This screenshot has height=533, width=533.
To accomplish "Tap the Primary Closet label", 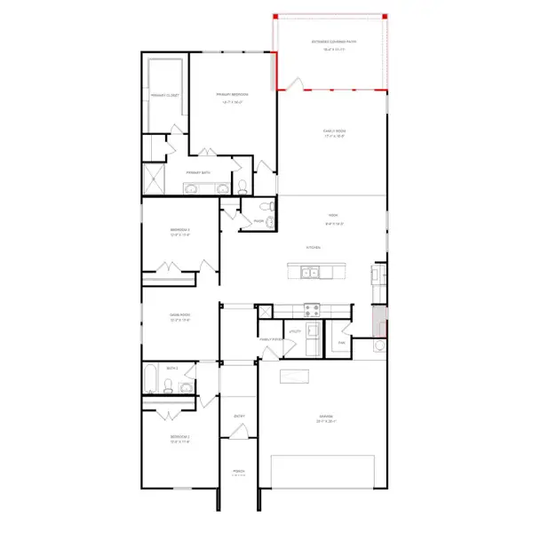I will [166, 94].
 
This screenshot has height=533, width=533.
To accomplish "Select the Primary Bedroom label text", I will [232, 94].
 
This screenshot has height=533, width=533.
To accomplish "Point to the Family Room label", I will [334, 131].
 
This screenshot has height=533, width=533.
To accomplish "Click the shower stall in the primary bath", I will [155, 180].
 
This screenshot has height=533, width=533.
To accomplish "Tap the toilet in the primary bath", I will [243, 187].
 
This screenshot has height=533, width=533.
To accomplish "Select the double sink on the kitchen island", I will [310, 273].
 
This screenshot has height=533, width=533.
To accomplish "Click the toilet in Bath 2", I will [166, 386].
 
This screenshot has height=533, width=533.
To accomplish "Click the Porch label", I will [238, 471].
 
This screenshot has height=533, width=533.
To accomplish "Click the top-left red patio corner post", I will [275, 17].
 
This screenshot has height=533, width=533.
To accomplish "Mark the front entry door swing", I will [237, 433].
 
